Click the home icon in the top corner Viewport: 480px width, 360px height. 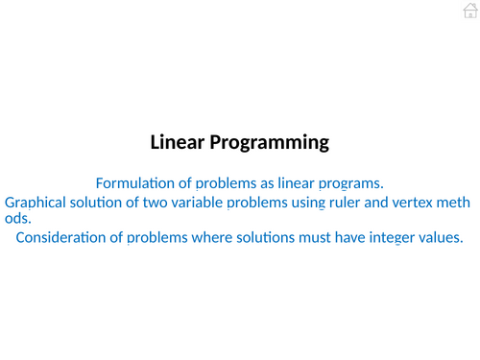468,11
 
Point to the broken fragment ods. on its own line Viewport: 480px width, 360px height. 18,218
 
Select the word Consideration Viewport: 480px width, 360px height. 63,237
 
